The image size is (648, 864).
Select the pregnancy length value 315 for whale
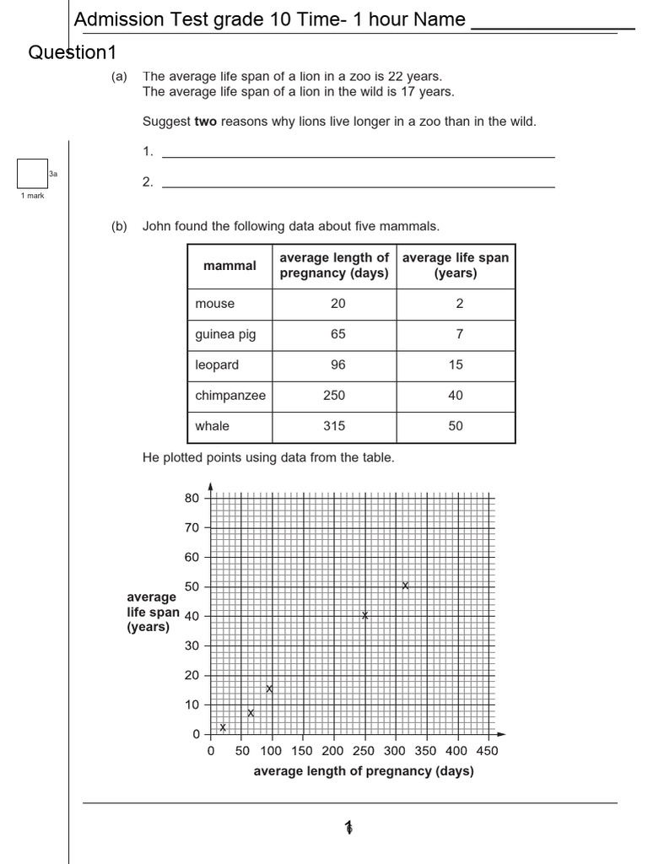334,426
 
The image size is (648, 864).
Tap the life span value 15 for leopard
456,364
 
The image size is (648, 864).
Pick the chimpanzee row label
229,396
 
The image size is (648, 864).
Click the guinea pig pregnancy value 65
337,334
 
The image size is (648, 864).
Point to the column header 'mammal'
229,266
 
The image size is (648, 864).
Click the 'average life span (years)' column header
456,266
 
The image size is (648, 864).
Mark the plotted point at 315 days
405,586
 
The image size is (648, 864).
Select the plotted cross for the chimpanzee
365,616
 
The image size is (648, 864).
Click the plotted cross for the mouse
223,727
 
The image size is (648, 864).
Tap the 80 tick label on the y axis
192,498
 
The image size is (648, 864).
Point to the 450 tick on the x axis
487,751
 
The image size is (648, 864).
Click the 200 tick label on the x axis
332,751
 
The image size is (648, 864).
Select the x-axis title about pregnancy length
364,771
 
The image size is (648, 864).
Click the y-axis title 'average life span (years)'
152,612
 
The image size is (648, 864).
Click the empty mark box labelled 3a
32,174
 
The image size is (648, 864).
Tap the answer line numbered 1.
358,153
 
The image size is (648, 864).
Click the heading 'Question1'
72,53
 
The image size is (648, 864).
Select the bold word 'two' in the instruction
206,121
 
